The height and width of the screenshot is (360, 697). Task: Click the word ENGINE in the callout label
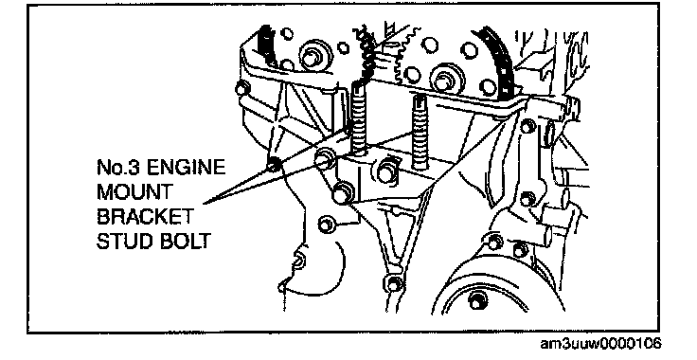click(x=187, y=169)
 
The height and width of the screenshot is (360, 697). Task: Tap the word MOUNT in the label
click(x=134, y=192)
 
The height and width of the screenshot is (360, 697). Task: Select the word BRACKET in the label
click(x=145, y=216)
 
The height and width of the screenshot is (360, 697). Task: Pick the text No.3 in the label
click(x=118, y=169)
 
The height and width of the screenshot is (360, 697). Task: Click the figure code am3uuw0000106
click(x=600, y=343)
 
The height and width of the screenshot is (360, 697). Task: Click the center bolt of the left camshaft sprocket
click(x=313, y=57)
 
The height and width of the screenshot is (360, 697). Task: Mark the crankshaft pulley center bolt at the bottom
click(x=476, y=301)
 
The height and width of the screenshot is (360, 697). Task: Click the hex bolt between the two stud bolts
click(x=385, y=171)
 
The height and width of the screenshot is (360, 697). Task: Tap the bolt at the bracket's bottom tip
click(x=394, y=283)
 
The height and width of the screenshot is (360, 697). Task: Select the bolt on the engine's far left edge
click(x=242, y=88)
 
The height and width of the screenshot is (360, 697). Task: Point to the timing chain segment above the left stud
click(x=366, y=51)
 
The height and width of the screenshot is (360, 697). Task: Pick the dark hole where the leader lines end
click(x=273, y=165)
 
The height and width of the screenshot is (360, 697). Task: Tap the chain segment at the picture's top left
click(x=267, y=45)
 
